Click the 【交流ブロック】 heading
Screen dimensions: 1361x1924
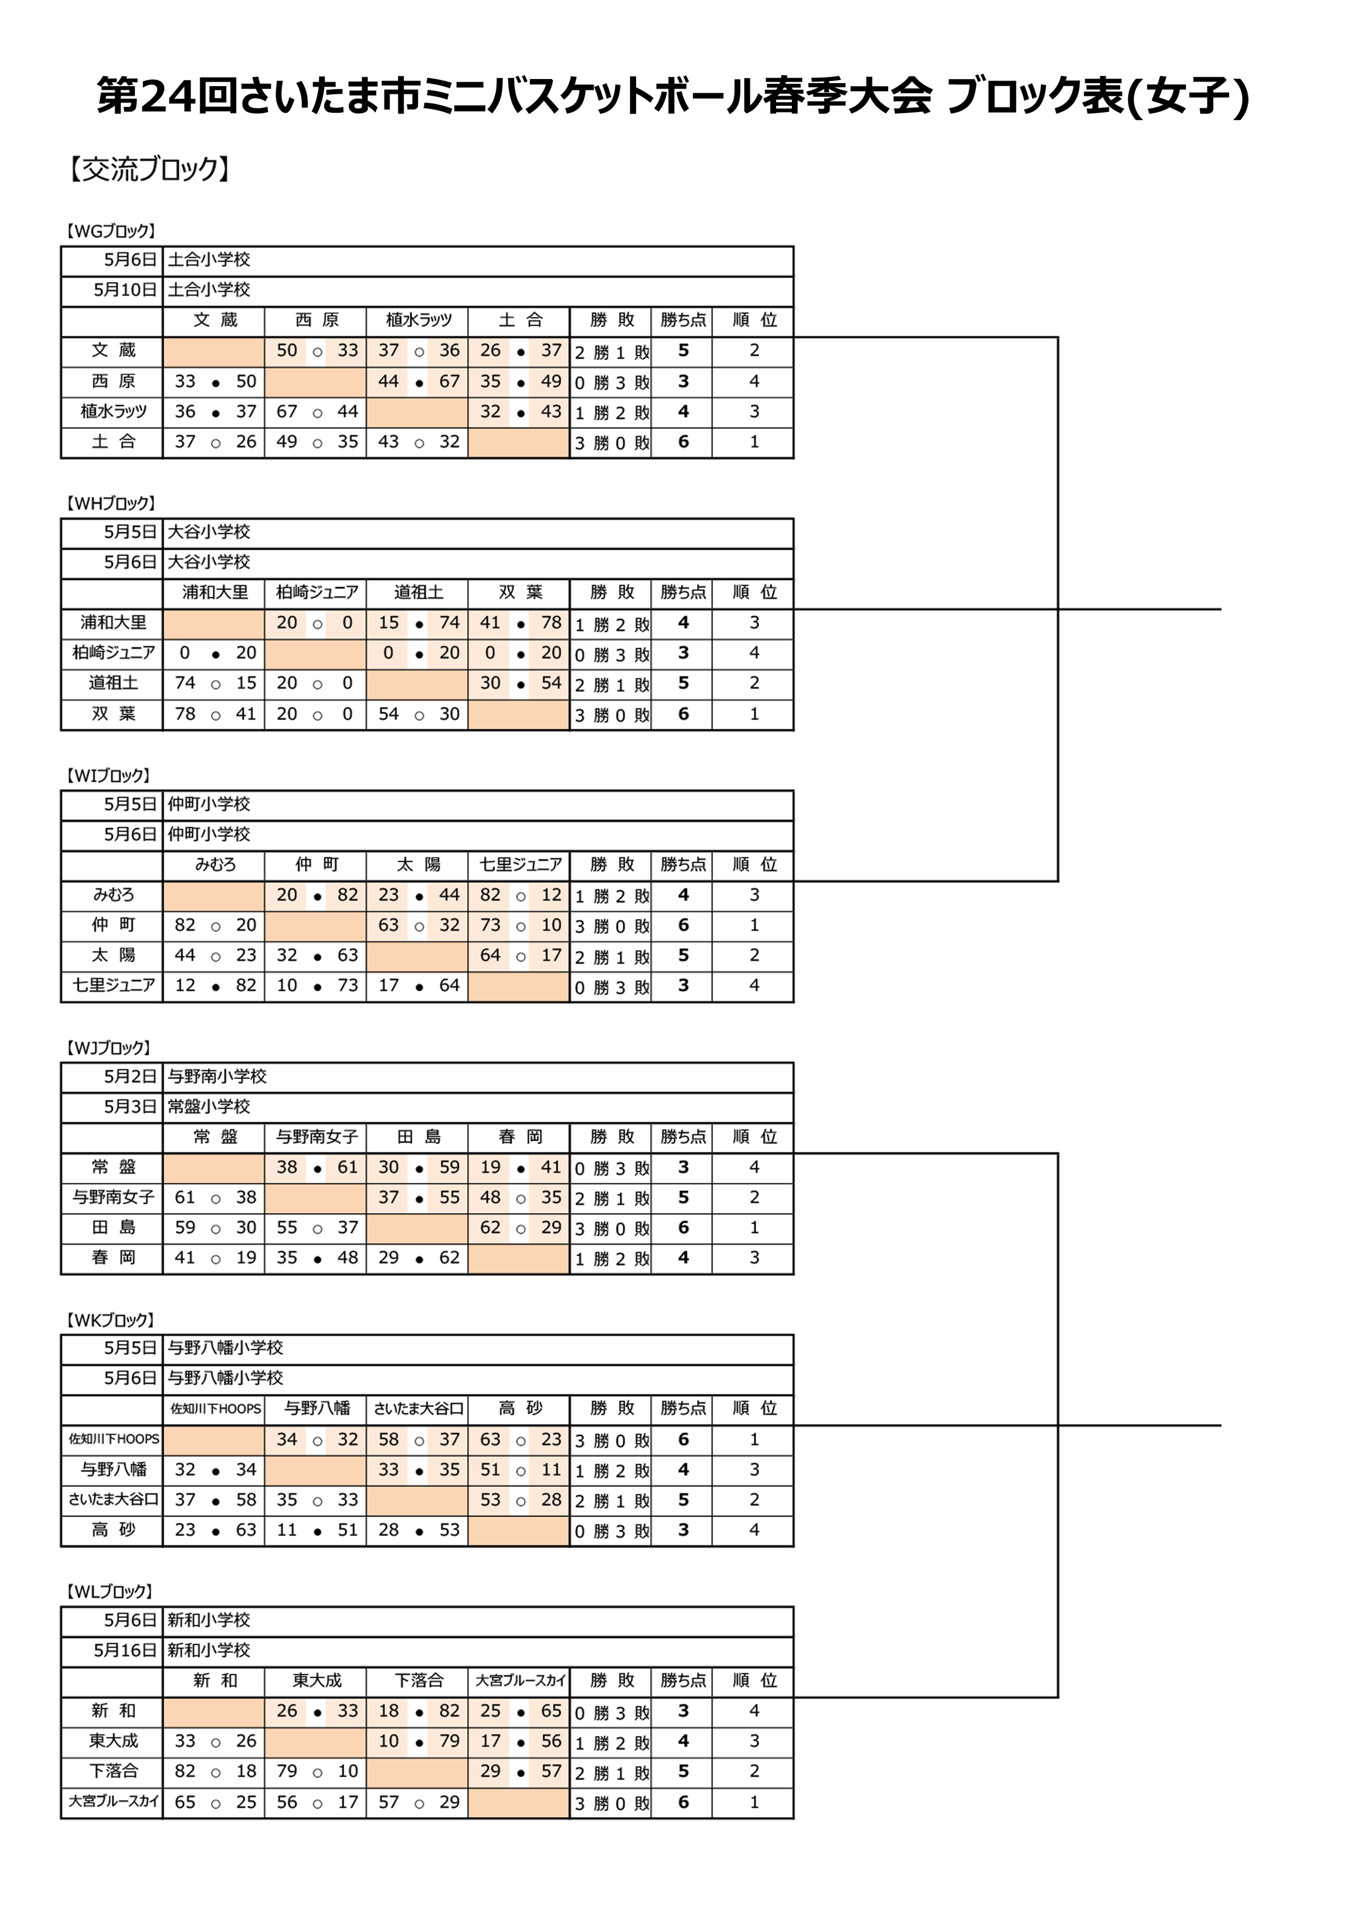coord(148,170)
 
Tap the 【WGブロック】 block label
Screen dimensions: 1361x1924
coord(110,231)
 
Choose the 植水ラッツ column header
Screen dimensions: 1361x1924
coord(418,320)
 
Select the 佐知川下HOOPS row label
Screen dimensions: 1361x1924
coord(113,1439)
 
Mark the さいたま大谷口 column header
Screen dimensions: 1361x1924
coord(418,1409)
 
